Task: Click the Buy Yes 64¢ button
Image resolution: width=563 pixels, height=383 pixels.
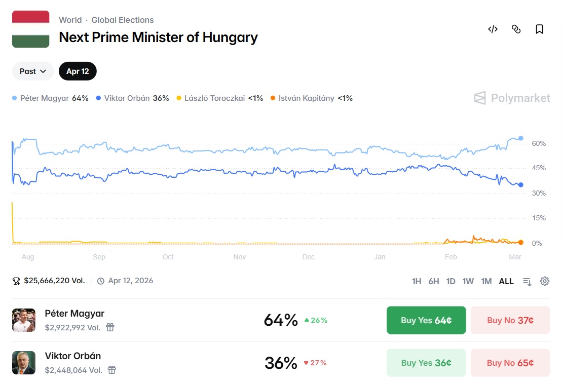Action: tap(426, 320)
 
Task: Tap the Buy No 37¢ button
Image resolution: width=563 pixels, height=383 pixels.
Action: tap(510, 320)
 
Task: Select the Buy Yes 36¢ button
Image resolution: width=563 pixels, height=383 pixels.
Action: tap(426, 363)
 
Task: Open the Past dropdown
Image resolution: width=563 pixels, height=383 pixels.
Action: tap(33, 71)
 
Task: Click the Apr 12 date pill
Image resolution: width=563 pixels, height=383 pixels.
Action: tap(78, 71)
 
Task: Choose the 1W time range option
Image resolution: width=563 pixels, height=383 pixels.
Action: tap(468, 281)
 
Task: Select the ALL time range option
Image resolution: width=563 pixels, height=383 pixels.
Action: tap(506, 281)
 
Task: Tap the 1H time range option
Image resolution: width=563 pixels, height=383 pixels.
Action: tap(417, 281)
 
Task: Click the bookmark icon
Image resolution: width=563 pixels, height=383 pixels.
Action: tap(539, 29)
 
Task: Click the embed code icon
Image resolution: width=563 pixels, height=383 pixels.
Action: tap(493, 29)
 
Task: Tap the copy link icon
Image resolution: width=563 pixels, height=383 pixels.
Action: tap(516, 29)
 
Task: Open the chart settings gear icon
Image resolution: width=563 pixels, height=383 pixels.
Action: tap(545, 281)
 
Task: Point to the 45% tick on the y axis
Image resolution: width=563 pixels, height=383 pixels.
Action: tap(539, 168)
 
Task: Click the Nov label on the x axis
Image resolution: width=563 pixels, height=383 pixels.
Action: tap(240, 257)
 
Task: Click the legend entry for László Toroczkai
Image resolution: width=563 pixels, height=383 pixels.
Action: tap(219, 98)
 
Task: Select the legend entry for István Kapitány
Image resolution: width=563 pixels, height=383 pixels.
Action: tap(311, 98)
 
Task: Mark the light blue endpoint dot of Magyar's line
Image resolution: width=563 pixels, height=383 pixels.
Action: tap(520, 138)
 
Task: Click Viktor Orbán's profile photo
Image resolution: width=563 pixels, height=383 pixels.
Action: tap(24, 363)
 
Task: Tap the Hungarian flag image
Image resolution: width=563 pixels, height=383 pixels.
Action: tap(30, 29)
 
